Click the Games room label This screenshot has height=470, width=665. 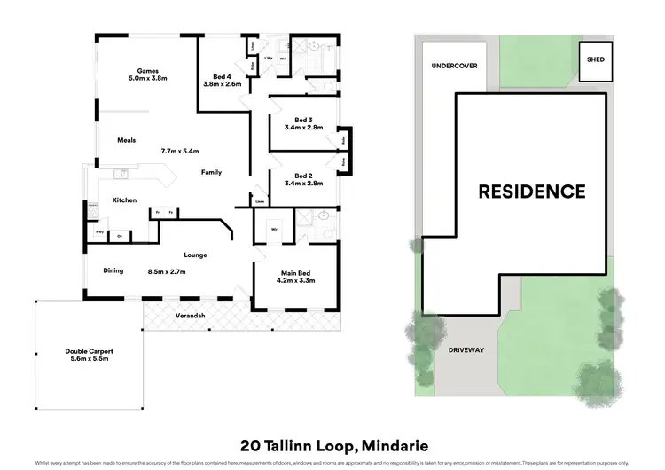coord(146,71)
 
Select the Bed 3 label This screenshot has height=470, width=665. coord(303,120)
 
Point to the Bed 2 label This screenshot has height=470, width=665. coord(303,176)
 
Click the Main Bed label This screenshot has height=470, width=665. coord(298,272)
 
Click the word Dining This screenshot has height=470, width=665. coord(113,271)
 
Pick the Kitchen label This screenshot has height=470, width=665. coord(124,200)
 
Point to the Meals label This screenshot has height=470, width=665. coord(126,140)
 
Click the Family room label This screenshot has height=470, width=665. coord(211,172)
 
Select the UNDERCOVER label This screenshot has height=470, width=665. coord(454,66)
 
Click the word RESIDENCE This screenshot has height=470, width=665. coord(532,191)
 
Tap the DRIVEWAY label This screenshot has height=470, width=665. coord(465,350)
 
